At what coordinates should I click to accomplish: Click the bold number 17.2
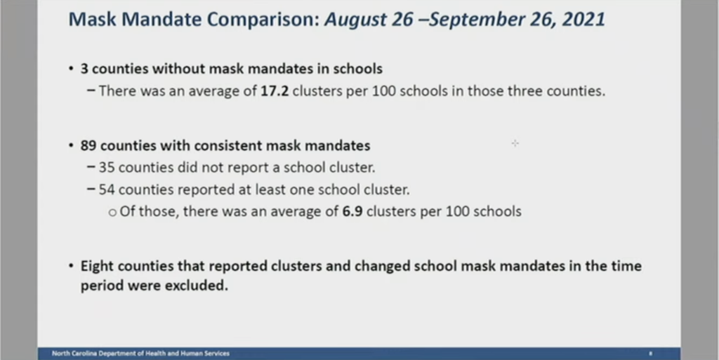pos(275,91)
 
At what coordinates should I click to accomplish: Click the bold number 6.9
pos(352,212)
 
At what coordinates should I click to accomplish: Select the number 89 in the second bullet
pos(88,146)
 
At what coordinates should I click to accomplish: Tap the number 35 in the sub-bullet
pos(107,168)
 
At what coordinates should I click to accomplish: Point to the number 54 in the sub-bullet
pos(107,189)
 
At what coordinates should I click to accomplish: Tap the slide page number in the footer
pos(650,354)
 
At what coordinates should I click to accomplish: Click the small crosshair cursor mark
pos(515,143)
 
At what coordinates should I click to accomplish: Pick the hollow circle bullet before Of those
pos(113,213)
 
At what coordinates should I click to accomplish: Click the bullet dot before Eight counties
pos(71,266)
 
